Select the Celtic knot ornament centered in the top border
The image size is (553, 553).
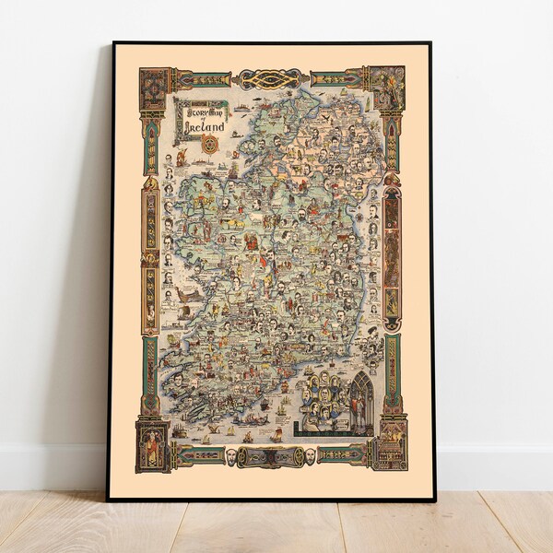point(271,80)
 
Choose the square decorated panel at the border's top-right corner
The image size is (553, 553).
point(388,80)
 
